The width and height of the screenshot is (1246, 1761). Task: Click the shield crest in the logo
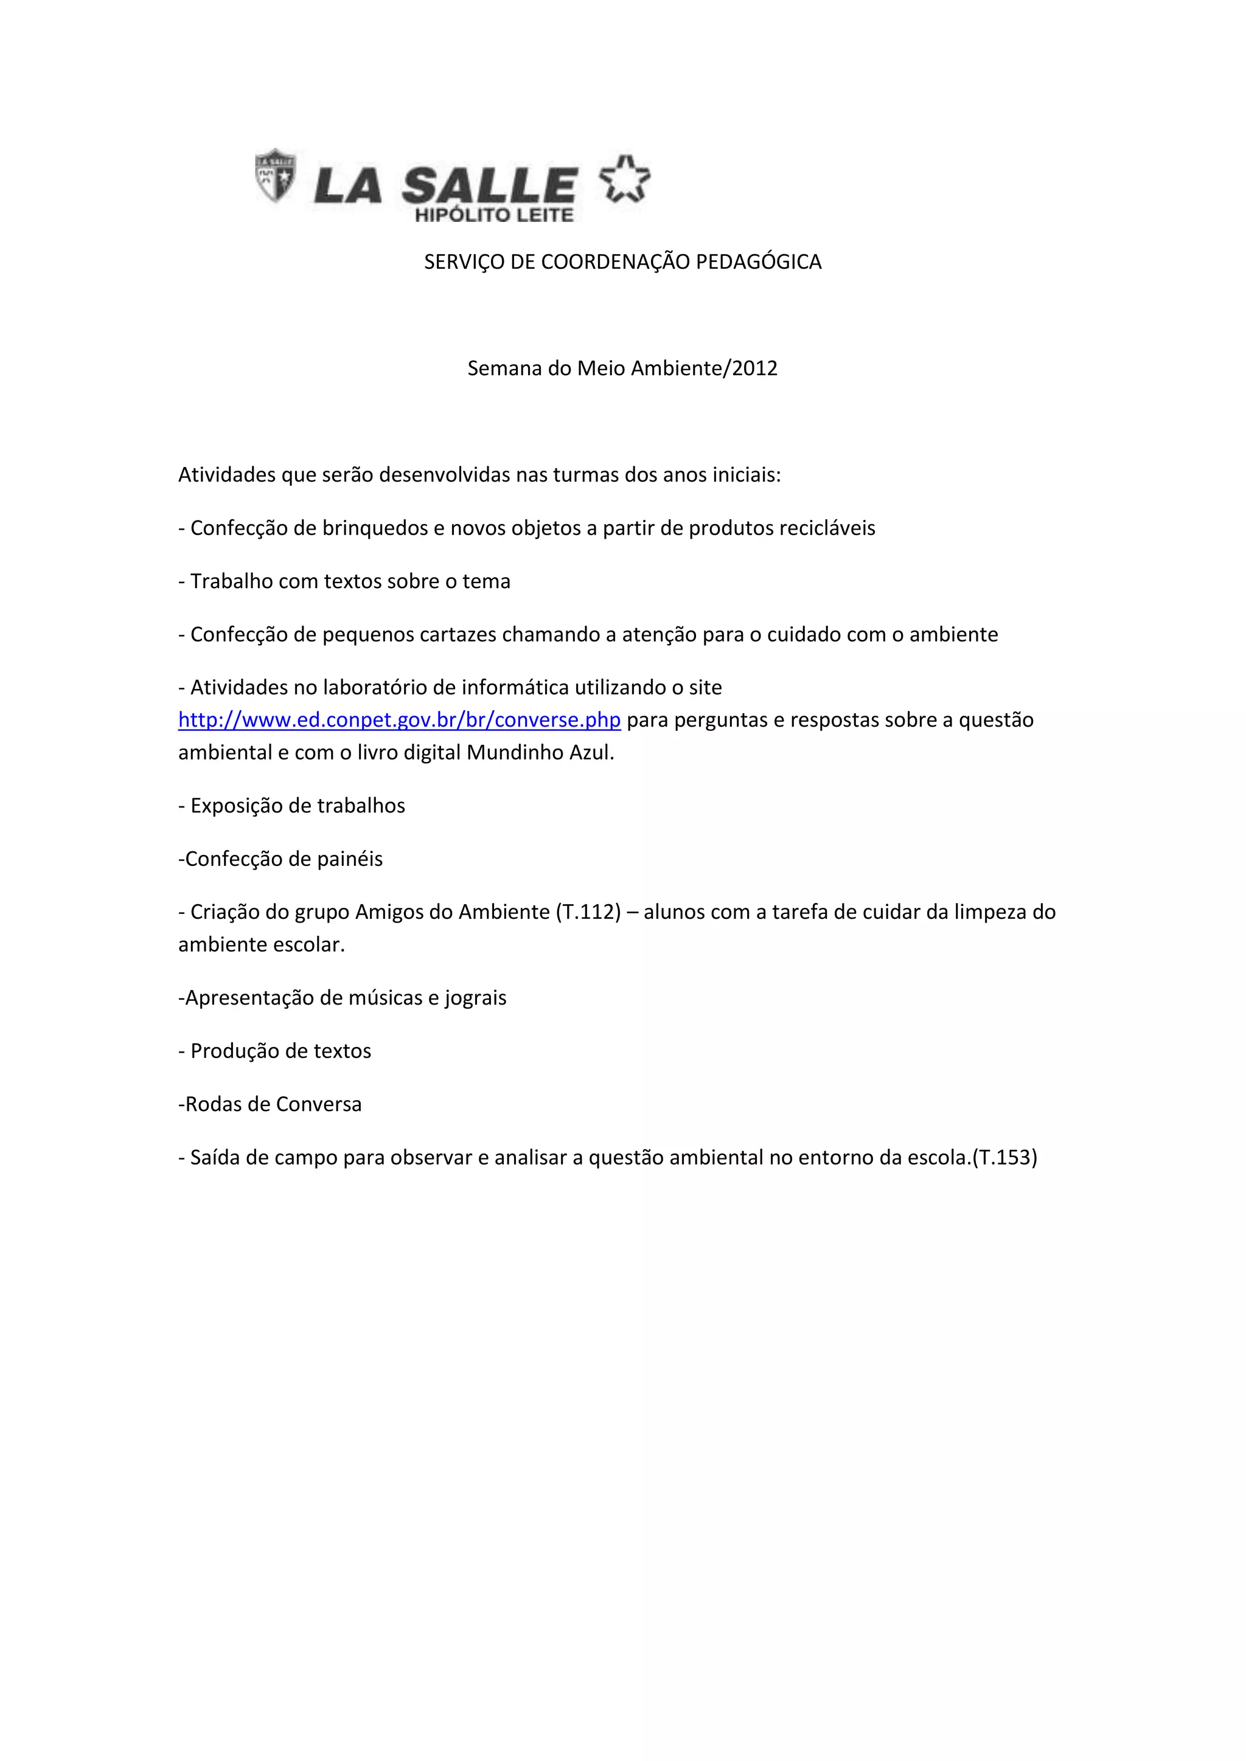point(274,176)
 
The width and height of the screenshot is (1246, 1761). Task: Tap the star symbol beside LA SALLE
point(625,179)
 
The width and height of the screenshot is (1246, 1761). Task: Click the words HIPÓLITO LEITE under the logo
point(494,215)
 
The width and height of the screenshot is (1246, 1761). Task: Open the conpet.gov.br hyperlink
point(399,720)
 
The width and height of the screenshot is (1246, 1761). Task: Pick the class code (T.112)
point(588,913)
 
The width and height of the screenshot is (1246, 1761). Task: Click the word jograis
point(476,998)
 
